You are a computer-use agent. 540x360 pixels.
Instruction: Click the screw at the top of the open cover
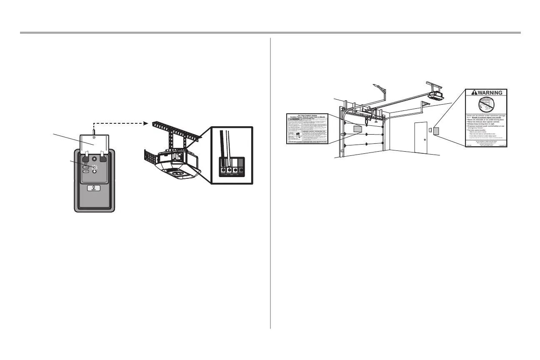coord(95,137)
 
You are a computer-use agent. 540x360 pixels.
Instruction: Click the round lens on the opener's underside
coord(178,171)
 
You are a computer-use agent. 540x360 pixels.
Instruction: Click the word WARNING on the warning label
coord(489,92)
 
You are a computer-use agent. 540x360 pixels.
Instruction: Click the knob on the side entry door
coord(425,140)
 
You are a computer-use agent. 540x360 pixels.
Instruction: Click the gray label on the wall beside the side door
coord(436,131)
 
